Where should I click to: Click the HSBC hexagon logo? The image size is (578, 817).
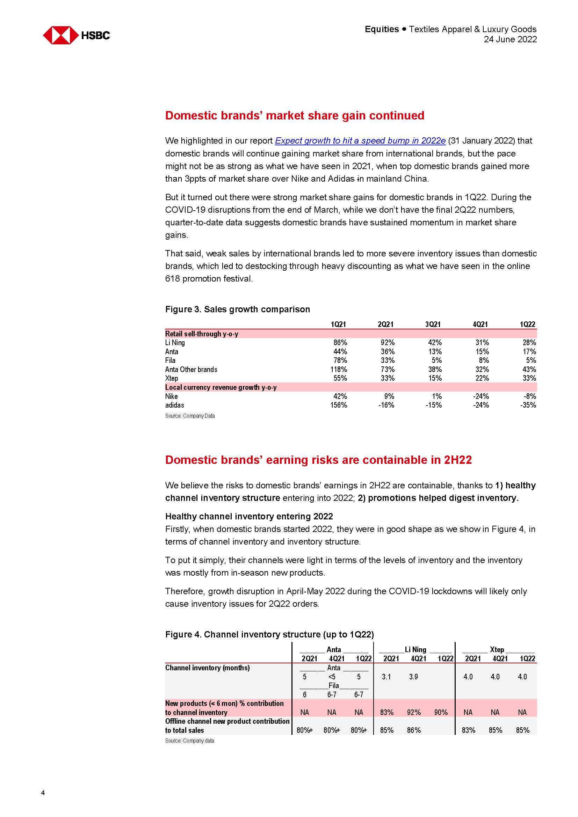click(61, 35)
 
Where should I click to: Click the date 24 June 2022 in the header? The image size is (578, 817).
click(510, 39)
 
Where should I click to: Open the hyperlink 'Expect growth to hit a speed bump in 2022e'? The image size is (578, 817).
click(360, 141)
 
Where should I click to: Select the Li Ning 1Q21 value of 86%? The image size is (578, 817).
click(340, 343)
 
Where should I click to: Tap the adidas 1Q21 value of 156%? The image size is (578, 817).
click(339, 405)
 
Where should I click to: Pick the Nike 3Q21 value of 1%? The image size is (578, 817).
click(437, 396)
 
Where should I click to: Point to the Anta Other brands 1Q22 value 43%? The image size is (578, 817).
click(529, 369)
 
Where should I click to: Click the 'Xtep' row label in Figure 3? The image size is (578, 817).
click(172, 378)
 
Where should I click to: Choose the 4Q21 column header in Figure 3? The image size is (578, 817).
click(480, 324)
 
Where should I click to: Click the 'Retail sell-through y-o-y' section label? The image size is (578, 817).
click(202, 334)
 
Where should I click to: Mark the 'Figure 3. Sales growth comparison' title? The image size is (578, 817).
click(237, 309)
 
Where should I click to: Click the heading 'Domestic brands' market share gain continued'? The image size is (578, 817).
click(295, 116)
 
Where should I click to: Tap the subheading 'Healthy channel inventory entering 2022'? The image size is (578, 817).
click(249, 516)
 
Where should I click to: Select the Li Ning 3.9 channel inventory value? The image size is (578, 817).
click(413, 677)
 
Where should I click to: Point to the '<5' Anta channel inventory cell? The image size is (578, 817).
click(332, 677)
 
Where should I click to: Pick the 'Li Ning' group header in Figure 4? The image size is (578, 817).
click(416, 650)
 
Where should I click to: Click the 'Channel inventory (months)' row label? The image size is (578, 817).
click(207, 668)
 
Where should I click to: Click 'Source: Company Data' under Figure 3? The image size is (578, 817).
click(190, 416)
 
